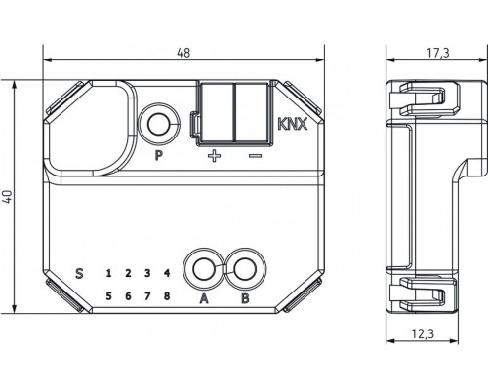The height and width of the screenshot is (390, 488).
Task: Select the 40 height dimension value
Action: click(x=8, y=195)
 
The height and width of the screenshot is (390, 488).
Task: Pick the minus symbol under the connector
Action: click(x=254, y=154)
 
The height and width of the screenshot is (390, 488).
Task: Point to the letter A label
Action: click(x=205, y=298)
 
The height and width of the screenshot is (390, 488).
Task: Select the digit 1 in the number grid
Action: click(x=108, y=274)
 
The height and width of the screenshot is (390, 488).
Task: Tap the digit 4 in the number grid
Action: click(x=167, y=274)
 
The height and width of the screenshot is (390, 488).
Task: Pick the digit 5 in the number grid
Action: click(x=108, y=295)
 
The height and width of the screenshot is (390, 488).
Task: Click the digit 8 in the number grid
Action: click(x=167, y=295)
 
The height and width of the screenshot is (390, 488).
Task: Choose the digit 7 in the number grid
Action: click(x=147, y=295)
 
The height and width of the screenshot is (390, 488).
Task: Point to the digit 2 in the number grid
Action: click(x=128, y=274)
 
